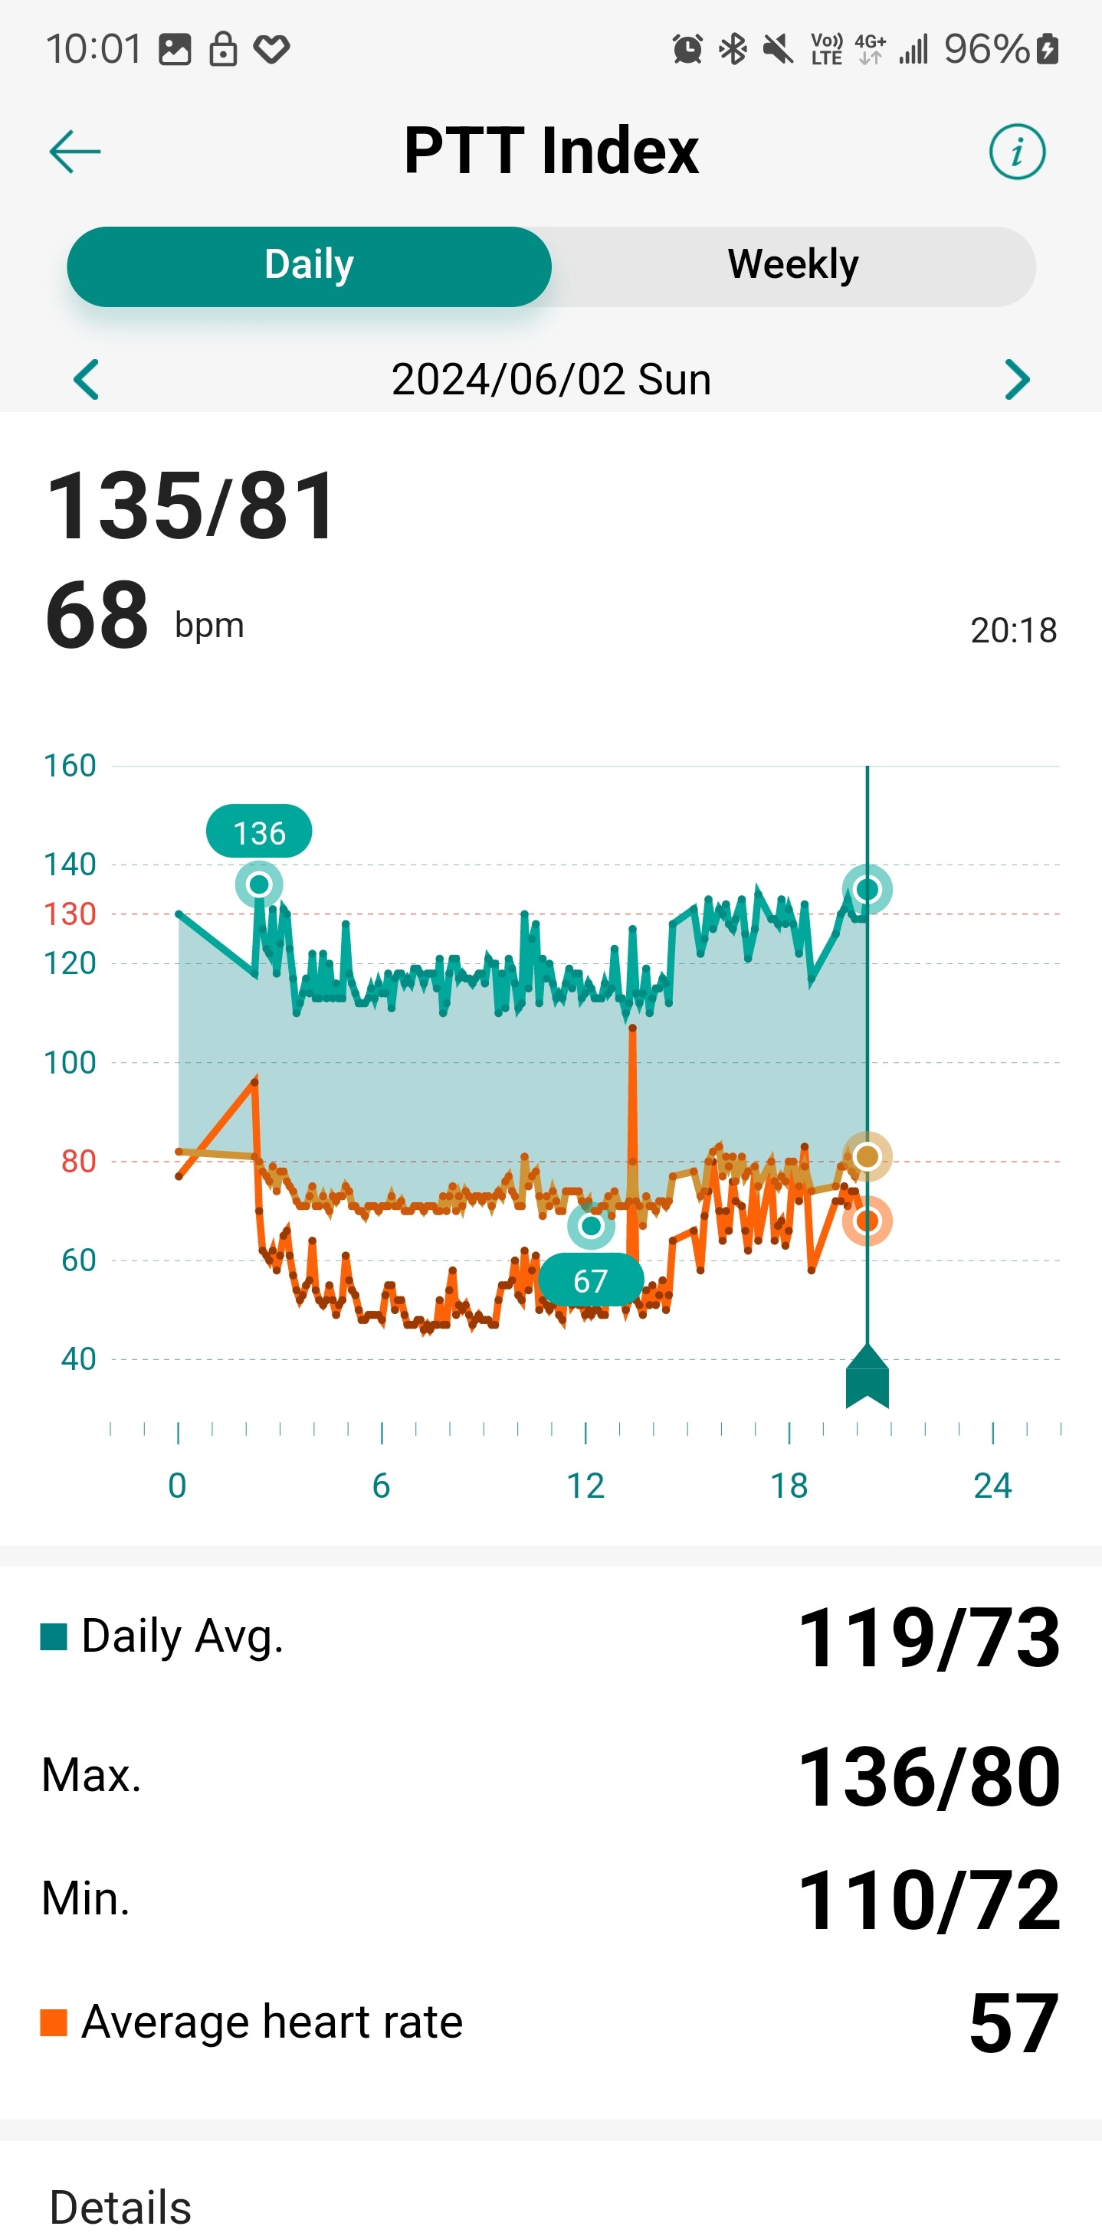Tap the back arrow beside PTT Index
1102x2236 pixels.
tap(74, 152)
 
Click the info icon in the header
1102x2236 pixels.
tap(1016, 152)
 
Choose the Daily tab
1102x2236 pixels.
tap(309, 266)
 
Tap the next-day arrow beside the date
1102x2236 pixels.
tap(1016, 379)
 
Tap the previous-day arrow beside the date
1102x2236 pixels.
tap(86, 379)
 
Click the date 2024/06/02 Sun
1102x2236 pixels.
tap(550, 379)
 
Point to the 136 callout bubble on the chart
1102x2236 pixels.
tap(259, 832)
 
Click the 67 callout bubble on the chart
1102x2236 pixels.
tap(591, 1280)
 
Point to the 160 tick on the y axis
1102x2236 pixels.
tap(70, 766)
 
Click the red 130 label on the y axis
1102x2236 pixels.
tap(70, 914)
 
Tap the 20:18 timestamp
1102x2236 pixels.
tap(1012, 630)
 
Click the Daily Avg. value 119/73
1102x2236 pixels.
tap(927, 1637)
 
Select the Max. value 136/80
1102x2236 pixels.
tap(927, 1776)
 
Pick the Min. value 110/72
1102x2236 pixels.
tap(927, 1900)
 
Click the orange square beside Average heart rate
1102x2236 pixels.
tap(54, 2022)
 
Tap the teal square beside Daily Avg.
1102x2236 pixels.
tap(54, 1636)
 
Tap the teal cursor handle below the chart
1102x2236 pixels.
tap(867, 1377)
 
